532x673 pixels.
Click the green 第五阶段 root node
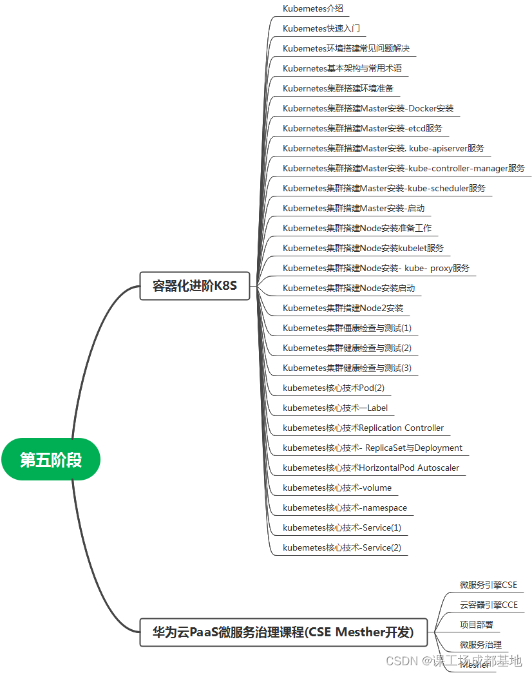51,459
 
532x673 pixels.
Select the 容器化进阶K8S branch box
195,286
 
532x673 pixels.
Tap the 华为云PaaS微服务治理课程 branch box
283,632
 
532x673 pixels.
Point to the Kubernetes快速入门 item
321,28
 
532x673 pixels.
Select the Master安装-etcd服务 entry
363,128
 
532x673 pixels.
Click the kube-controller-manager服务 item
404,168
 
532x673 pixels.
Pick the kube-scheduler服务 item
384,188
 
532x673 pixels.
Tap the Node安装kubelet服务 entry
363,248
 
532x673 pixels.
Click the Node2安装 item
343,308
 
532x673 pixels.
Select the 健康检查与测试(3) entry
347,368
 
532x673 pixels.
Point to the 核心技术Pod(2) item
333,388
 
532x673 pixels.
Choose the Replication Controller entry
363,428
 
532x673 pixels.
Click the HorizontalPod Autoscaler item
371,468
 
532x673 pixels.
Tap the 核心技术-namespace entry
345,507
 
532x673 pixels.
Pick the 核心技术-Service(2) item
341,547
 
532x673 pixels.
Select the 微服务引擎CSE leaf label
488,585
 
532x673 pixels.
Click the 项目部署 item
476,625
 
